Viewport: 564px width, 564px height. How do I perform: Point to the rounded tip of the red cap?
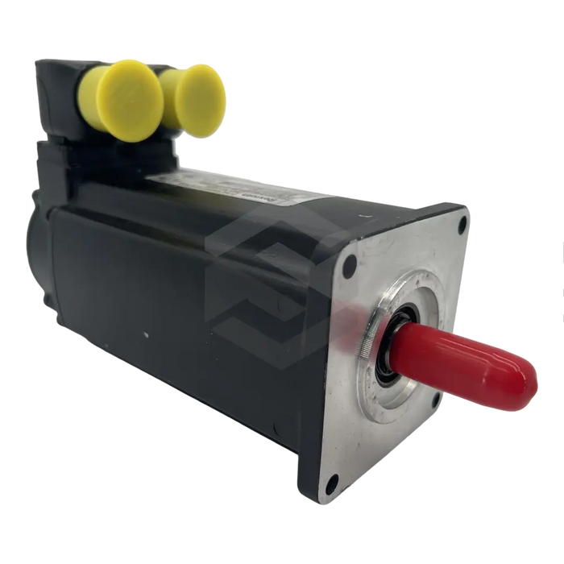pyautogui.click(x=527, y=385)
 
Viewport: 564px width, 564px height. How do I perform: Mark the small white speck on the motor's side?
pyautogui.click(x=145, y=332)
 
